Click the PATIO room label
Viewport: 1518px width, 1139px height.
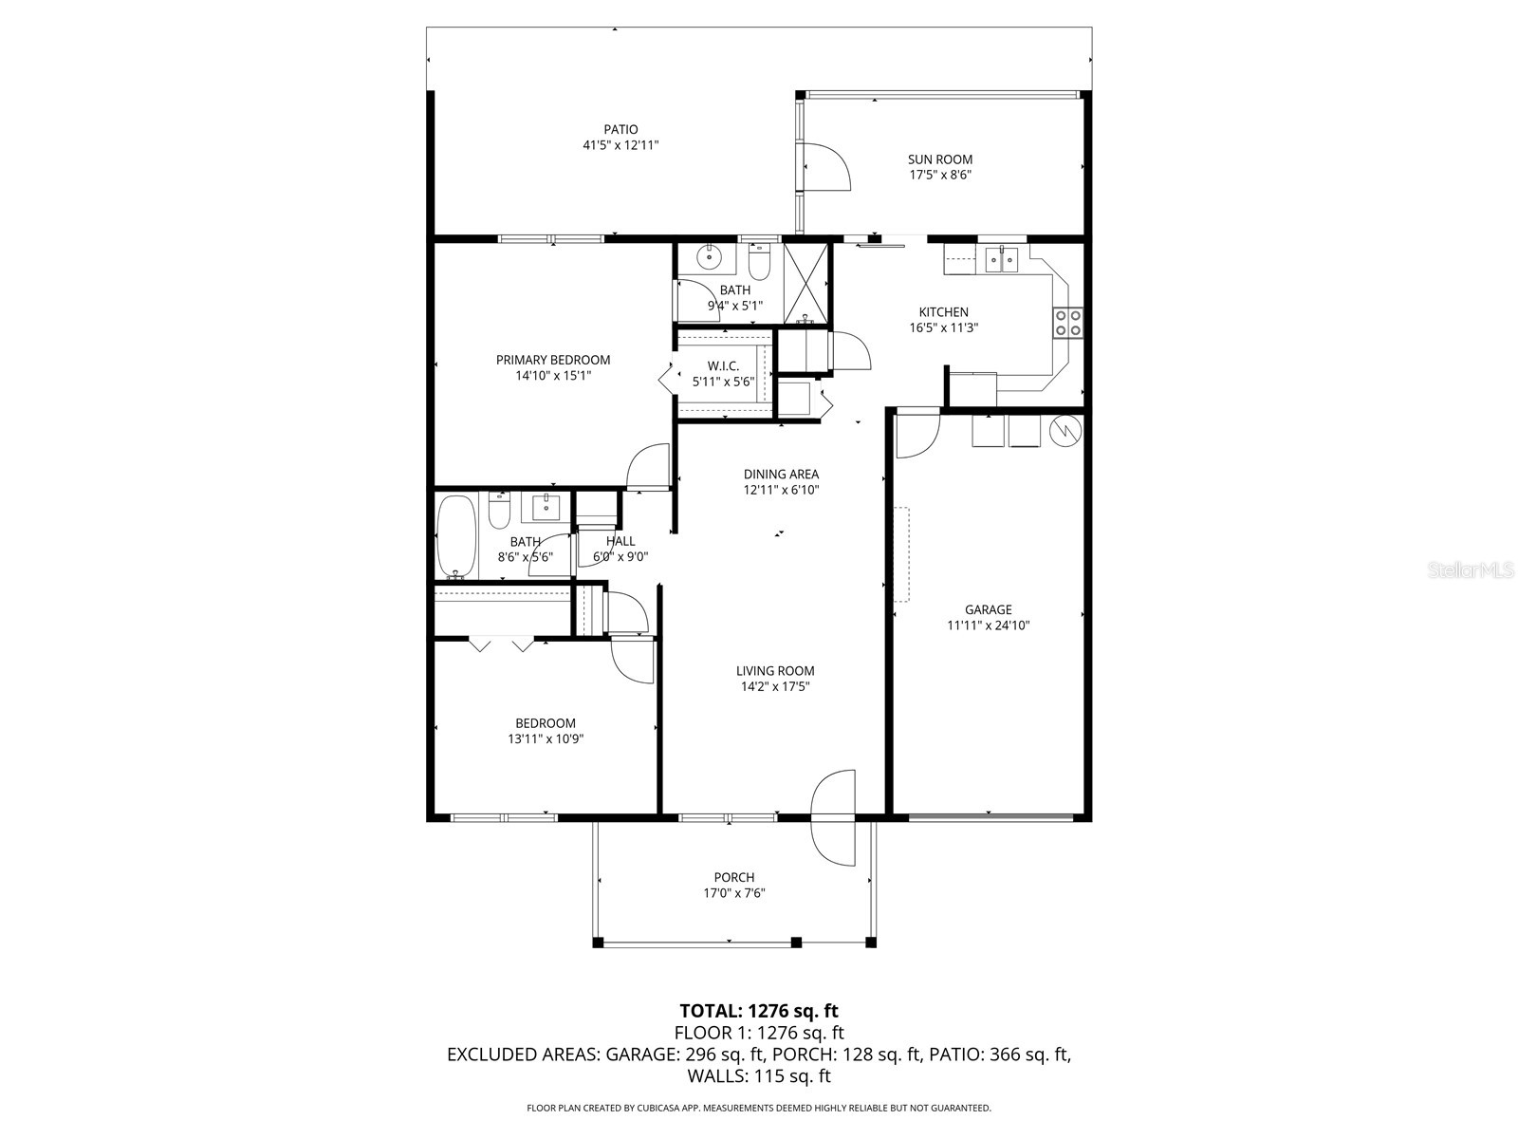[620, 129]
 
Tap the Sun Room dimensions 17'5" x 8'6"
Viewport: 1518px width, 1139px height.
[939, 175]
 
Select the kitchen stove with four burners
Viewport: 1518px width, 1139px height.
[1068, 323]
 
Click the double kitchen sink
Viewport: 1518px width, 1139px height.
[1001, 257]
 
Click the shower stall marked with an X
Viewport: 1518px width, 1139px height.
[805, 280]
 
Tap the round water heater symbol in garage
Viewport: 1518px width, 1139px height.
[1066, 431]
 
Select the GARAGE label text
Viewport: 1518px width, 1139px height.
[988, 609]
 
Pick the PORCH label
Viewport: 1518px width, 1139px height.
[734, 877]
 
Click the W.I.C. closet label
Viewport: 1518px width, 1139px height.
[723, 365]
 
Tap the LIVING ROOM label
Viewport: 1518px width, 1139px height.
[775, 670]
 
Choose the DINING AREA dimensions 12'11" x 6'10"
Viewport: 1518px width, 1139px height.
[781, 491]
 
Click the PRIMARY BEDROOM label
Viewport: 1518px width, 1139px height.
[553, 360]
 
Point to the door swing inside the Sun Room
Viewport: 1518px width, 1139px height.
[824, 167]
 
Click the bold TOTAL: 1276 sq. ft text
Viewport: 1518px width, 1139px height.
[759, 1010]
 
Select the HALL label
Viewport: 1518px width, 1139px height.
[620, 541]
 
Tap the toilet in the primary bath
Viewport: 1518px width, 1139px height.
[759, 260]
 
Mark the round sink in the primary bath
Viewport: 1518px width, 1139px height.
[708, 256]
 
